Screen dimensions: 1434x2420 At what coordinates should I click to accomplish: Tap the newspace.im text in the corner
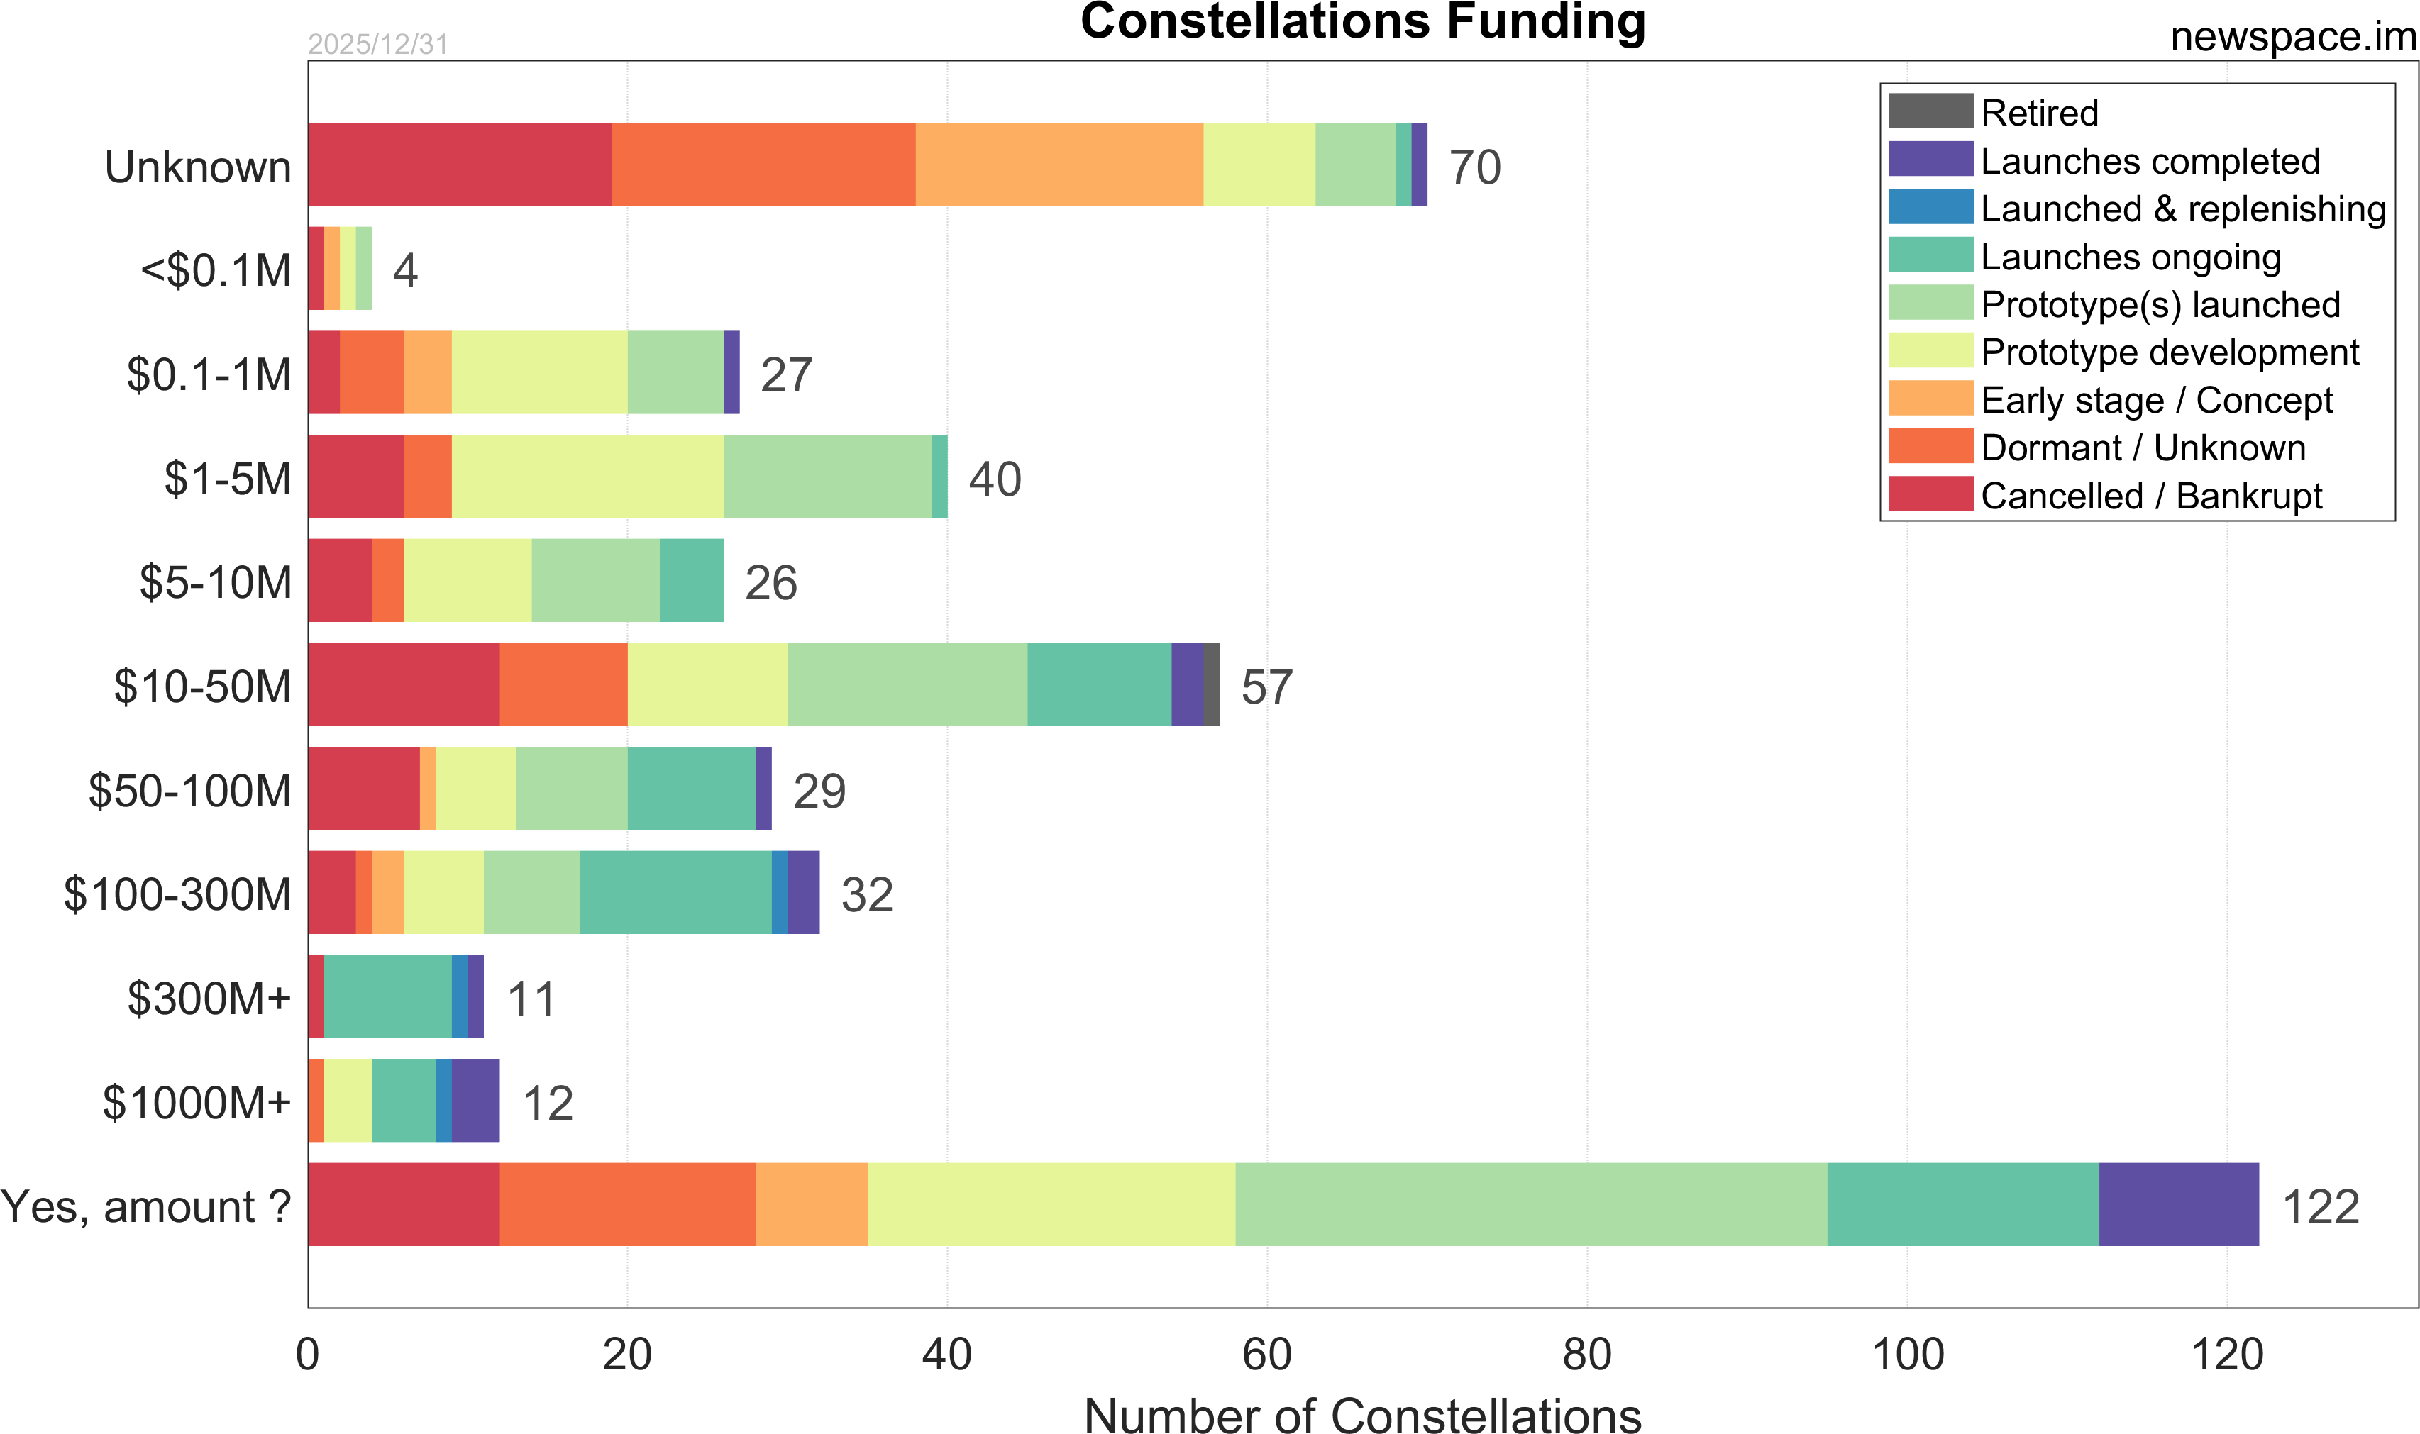click(x=2292, y=37)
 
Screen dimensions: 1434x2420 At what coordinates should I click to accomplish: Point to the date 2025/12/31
click(x=378, y=45)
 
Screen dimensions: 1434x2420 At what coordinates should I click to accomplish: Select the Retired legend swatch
click(x=1930, y=111)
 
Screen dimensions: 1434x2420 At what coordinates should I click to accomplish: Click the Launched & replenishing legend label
click(x=2182, y=209)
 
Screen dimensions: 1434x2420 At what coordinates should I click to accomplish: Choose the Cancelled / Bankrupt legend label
click(x=2150, y=496)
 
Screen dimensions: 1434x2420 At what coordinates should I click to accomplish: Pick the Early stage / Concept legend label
click(x=2156, y=400)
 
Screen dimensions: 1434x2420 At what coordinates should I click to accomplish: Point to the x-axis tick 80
click(x=1586, y=1355)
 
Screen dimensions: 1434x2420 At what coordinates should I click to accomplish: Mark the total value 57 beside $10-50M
click(x=1266, y=687)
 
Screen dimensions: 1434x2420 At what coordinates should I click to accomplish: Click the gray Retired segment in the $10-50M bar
click(x=1211, y=684)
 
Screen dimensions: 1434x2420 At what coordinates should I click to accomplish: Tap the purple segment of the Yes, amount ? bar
click(x=2178, y=1204)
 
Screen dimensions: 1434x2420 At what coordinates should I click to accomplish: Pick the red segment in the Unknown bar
click(x=459, y=165)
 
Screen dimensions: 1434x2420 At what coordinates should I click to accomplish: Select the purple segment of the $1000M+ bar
click(x=475, y=1100)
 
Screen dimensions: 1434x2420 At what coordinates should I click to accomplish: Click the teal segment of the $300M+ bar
click(x=387, y=996)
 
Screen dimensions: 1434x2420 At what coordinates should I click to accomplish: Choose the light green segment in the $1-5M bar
click(x=827, y=477)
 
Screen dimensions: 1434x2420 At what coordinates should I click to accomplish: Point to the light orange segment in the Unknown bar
click(x=1059, y=165)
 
